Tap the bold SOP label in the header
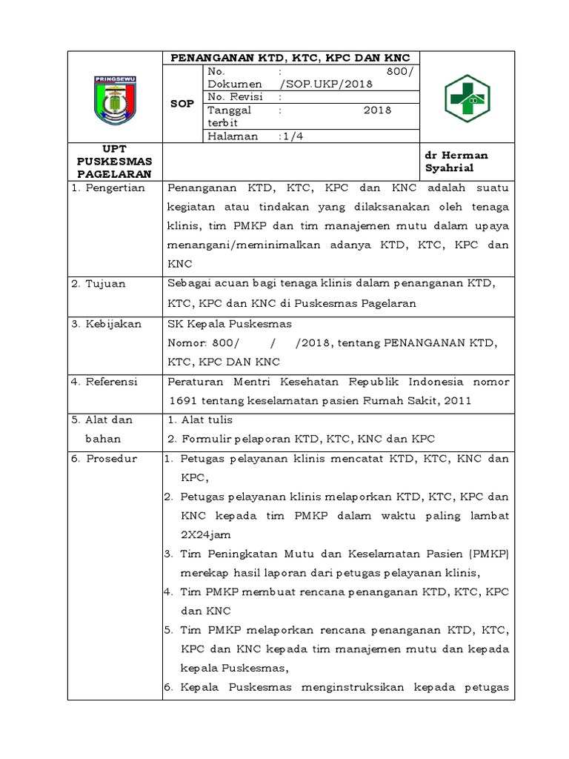tap(182, 104)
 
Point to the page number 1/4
tap(290, 136)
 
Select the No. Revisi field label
tap(231, 97)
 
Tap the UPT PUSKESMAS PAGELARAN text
tap(114, 162)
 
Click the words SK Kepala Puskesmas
tap(230, 324)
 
